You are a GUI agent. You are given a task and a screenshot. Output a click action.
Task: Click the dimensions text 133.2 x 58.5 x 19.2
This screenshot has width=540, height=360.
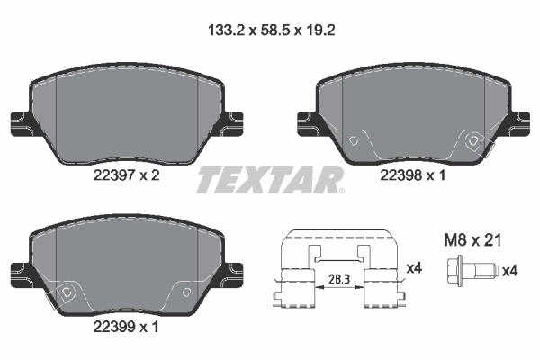tap(269, 30)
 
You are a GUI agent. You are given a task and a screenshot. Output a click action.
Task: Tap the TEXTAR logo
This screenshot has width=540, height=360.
tap(269, 179)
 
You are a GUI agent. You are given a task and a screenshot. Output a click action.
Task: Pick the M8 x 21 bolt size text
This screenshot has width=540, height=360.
tap(472, 240)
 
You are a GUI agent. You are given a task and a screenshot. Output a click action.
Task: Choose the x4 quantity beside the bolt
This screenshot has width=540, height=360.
tap(508, 269)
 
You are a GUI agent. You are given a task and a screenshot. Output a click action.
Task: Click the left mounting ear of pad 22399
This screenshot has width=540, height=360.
tap(19, 268)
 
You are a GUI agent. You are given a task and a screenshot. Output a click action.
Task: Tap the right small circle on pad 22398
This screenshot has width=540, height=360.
tap(472, 140)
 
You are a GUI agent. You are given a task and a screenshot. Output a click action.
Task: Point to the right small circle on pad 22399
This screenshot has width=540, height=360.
tap(184, 292)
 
